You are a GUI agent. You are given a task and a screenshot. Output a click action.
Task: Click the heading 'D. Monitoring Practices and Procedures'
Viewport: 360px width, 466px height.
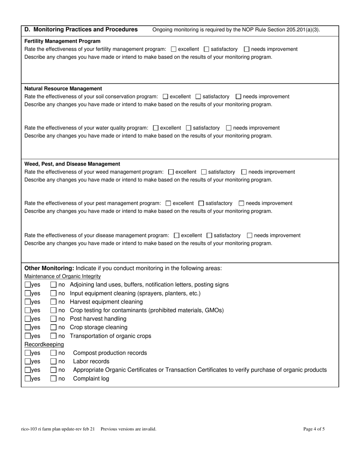click(x=81, y=30)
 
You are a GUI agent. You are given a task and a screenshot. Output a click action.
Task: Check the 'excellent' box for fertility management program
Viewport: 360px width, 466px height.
click(x=174, y=49)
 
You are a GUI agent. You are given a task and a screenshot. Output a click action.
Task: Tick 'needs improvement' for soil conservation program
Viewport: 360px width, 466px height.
click(x=238, y=97)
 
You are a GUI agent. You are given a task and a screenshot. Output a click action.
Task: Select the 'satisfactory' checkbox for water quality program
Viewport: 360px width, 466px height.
click(x=189, y=128)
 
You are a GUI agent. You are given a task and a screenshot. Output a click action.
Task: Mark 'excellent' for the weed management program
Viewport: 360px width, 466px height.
click(x=171, y=172)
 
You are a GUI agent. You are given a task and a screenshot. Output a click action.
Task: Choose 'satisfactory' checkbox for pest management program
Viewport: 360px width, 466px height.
click(x=201, y=203)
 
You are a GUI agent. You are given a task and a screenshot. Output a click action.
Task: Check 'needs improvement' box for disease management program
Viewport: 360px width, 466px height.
click(x=249, y=235)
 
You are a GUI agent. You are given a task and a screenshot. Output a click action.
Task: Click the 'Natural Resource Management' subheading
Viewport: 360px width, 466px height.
click(x=63, y=89)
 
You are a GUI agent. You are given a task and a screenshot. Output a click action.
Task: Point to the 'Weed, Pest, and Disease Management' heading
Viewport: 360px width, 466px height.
click(x=72, y=164)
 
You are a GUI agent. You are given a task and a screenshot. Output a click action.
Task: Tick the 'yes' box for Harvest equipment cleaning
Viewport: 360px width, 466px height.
click(x=28, y=302)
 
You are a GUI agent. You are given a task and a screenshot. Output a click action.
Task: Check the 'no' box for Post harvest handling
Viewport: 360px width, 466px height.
click(x=53, y=319)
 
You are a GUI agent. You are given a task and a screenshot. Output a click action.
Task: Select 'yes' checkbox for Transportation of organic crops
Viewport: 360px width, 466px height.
click(x=28, y=336)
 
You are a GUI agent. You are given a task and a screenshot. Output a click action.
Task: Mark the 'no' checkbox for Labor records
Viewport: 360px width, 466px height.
click(x=53, y=361)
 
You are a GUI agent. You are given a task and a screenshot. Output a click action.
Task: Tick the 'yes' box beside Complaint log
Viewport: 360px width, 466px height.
click(x=28, y=378)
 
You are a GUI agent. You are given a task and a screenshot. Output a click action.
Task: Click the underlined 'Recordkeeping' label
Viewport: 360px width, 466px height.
click(x=44, y=344)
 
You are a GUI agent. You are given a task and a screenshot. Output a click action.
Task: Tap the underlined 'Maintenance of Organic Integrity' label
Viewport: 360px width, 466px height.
click(x=63, y=276)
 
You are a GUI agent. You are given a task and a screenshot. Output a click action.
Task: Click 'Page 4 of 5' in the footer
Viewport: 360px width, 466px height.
click(x=314, y=429)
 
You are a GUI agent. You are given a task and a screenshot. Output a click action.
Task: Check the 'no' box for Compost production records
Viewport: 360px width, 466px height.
click(x=53, y=353)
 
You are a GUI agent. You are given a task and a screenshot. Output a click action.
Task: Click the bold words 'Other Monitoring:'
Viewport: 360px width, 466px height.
click(x=49, y=268)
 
